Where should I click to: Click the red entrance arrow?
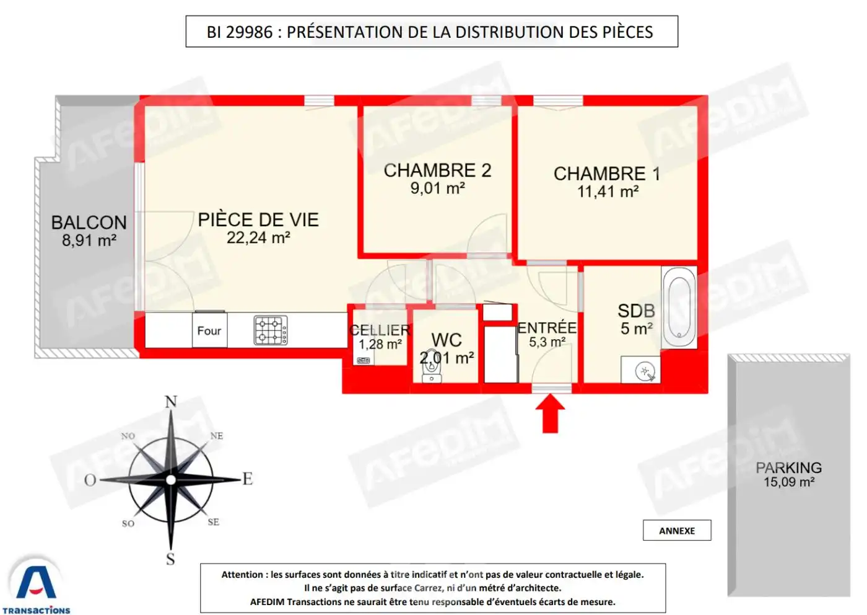[x=550, y=414]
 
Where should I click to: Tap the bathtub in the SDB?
[x=679, y=307]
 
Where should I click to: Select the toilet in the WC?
[x=432, y=370]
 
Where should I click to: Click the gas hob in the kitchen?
[x=271, y=330]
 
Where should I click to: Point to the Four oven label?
[x=209, y=331]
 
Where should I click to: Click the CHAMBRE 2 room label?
[x=437, y=170]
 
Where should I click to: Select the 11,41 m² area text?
[x=608, y=192]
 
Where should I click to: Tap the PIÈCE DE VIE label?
[x=258, y=219]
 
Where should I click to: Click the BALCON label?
[x=89, y=223]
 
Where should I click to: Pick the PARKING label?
[x=788, y=468]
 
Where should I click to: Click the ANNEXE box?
[x=677, y=531]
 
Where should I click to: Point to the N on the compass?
[x=171, y=402]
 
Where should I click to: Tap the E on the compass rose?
[x=248, y=479]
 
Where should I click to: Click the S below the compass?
[x=170, y=559]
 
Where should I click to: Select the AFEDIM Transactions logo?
[x=37, y=586]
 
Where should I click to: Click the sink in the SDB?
[x=642, y=371]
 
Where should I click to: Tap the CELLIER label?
[x=380, y=330]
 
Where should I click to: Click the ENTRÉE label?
[x=547, y=327]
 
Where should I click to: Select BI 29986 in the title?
[x=240, y=32]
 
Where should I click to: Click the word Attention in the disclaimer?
[x=243, y=575]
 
